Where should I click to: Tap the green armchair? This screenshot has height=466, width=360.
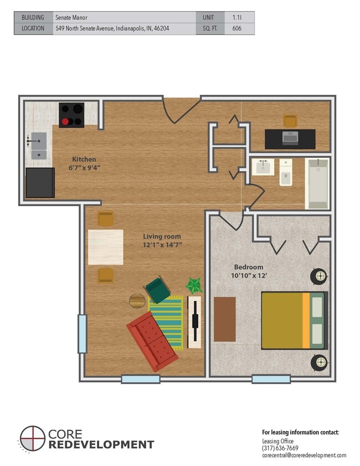point(157,290)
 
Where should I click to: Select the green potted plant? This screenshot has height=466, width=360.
point(194,286)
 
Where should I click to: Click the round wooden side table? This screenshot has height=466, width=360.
point(137,301)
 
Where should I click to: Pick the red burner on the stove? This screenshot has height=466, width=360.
point(65,121)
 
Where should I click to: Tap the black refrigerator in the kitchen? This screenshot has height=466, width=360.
point(40,182)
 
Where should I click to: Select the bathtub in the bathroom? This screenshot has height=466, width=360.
point(317,183)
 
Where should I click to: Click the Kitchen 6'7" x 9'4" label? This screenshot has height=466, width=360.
point(84,163)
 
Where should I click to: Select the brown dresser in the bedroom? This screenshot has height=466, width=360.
point(224,319)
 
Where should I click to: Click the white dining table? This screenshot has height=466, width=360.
point(105,247)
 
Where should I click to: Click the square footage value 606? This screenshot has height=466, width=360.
point(236,28)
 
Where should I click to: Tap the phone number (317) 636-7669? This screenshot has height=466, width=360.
point(280,448)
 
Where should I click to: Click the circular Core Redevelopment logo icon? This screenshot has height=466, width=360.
point(32,438)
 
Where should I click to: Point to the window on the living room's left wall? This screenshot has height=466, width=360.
point(82,334)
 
